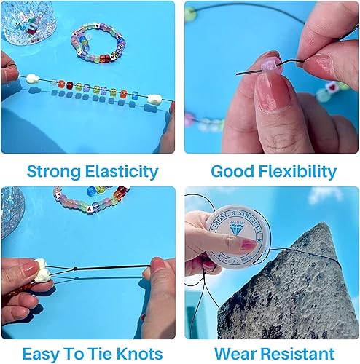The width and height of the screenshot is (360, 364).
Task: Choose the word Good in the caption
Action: point(228,172)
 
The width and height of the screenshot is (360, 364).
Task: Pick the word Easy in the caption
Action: point(40,355)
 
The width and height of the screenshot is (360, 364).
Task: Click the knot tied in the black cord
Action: point(76,272)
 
